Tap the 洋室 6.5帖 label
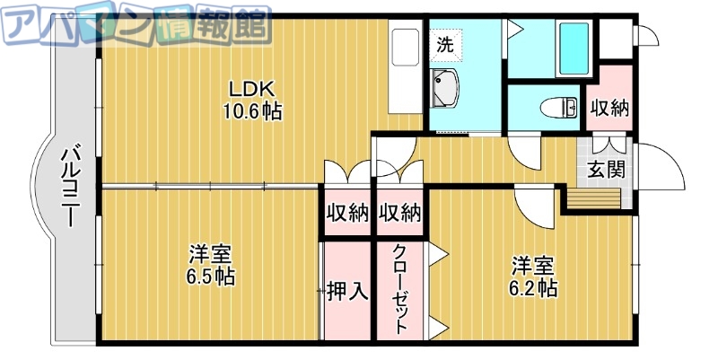[x=212, y=265]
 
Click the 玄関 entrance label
[x=606, y=170]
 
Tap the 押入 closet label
[x=346, y=291]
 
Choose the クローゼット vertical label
[x=399, y=289]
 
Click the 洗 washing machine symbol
[x=445, y=43]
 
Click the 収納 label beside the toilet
[x=609, y=109]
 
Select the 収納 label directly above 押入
[x=346, y=214]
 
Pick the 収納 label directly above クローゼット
[x=399, y=214]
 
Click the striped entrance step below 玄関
[x=593, y=197]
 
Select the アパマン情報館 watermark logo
[x=135, y=25]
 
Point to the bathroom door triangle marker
[x=514, y=30]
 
